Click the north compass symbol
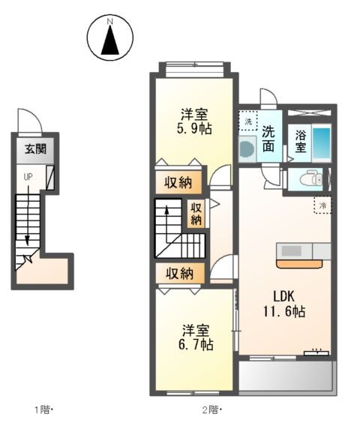pyautogui.click(x=110, y=39)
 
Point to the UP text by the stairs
pyautogui.click(x=28, y=177)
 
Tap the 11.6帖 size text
pyautogui.click(x=283, y=310)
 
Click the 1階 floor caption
pyautogui.click(x=43, y=409)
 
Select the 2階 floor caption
pyautogui.click(x=212, y=409)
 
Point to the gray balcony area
pyautogui.click(x=285, y=376)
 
